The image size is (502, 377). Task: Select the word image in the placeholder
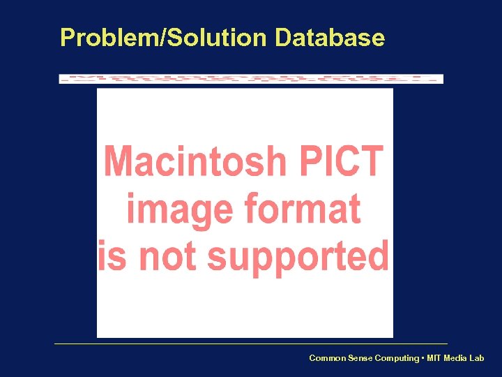pyautogui.click(x=178, y=209)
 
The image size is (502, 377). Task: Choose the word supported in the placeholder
pyautogui.click(x=298, y=258)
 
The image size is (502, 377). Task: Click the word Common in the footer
pyautogui.click(x=326, y=358)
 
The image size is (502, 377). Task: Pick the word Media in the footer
pyautogui.click(x=457, y=358)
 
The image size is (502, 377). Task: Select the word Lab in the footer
pyautogui.click(x=477, y=358)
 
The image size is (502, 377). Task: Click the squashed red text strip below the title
pyautogui.click(x=251, y=79)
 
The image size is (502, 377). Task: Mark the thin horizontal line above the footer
pyautogui.click(x=251, y=343)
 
